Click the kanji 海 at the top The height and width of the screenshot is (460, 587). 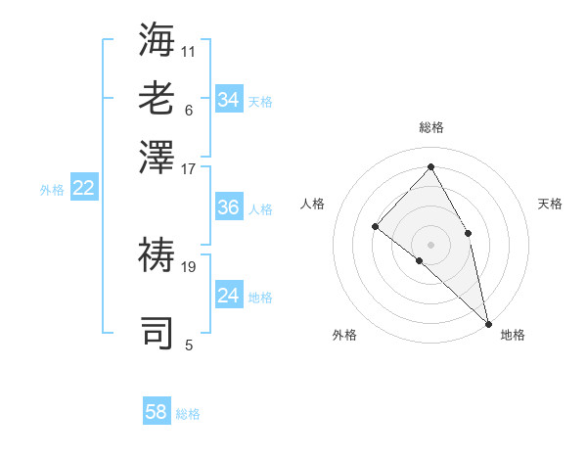[x=157, y=39]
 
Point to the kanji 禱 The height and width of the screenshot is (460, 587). [x=157, y=254]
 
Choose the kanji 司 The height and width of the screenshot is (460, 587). [x=157, y=333]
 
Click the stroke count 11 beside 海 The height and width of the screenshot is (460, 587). [x=189, y=49]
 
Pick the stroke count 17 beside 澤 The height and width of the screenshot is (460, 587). [x=189, y=168]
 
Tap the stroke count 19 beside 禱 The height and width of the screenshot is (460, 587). [x=189, y=265]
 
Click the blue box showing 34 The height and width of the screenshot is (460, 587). [x=228, y=100]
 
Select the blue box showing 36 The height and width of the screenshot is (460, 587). [x=228, y=207]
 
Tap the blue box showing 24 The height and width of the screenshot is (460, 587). [x=228, y=296]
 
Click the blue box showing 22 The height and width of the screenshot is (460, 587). [x=83, y=189]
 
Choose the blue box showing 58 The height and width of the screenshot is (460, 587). [x=157, y=412]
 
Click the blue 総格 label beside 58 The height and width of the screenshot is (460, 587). [x=188, y=414]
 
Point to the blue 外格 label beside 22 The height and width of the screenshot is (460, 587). [x=52, y=190]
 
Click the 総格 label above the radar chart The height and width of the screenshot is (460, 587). [x=431, y=128]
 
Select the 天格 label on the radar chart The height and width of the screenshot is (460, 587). [x=550, y=204]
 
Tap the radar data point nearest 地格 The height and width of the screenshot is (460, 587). [x=487, y=322]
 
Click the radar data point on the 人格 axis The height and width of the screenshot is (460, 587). [x=375, y=226]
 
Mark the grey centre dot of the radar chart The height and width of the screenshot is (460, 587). [x=431, y=244]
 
